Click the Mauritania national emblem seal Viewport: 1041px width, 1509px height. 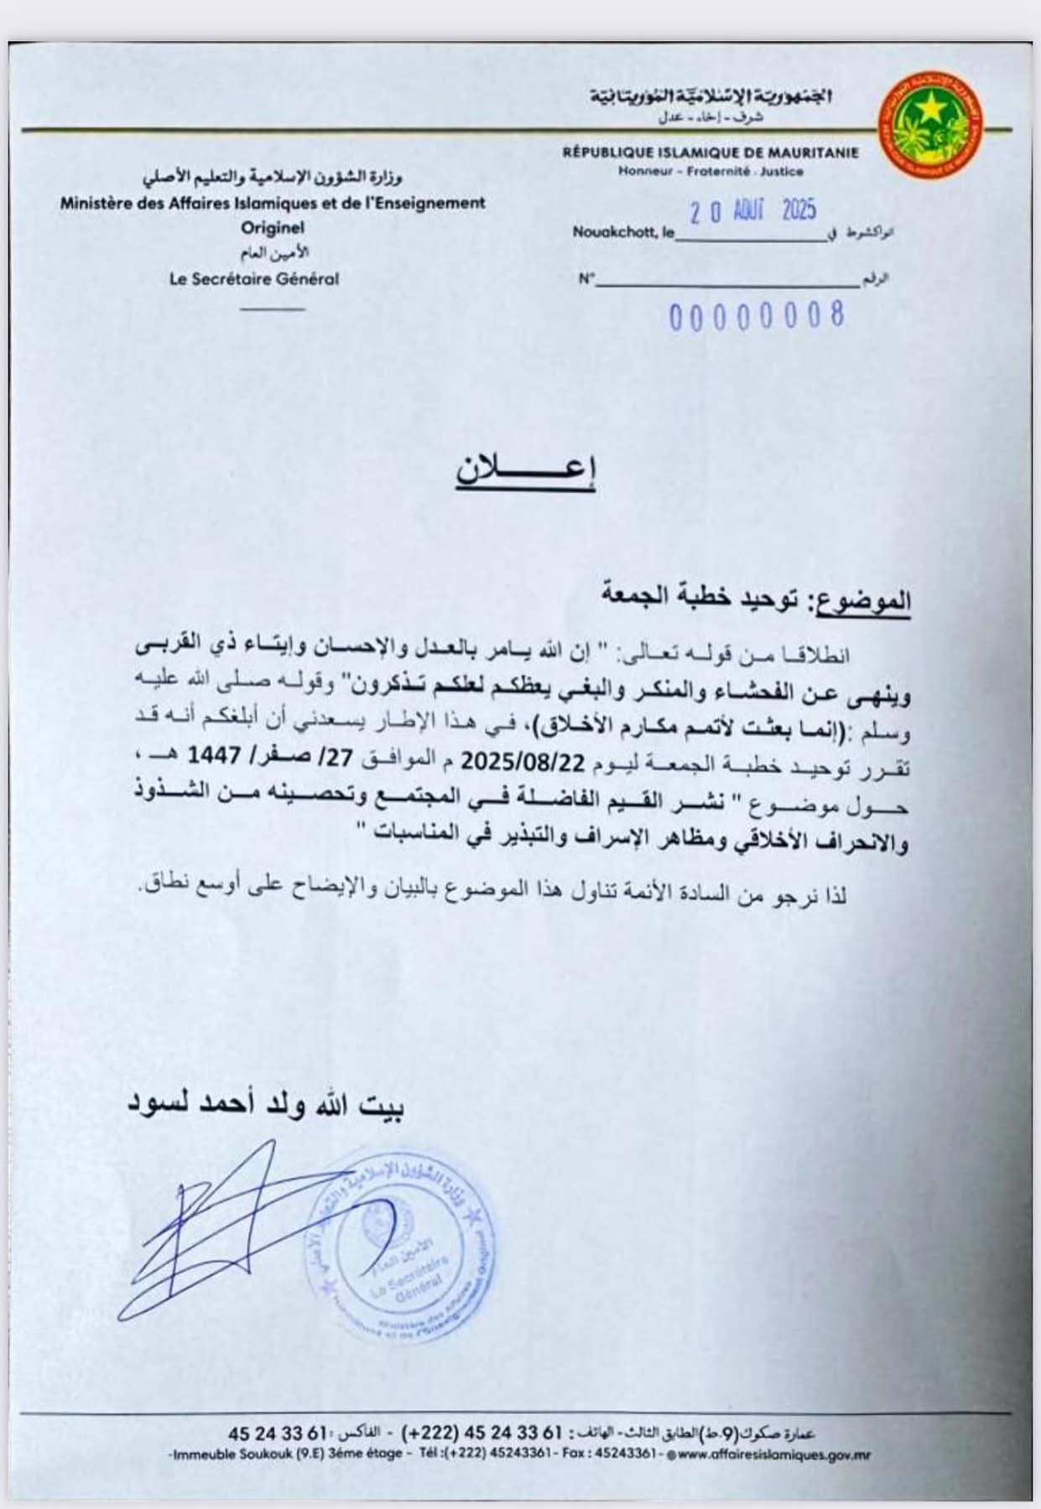(933, 125)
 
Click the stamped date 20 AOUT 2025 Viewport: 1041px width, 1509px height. (752, 211)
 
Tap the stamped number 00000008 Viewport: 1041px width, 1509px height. (756, 316)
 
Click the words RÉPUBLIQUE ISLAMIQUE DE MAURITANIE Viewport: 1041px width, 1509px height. (710, 153)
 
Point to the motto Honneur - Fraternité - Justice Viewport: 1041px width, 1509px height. (710, 172)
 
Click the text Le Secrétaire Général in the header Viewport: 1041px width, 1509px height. (254, 280)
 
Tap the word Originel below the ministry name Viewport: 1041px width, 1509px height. (273, 227)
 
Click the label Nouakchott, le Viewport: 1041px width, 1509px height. (623, 233)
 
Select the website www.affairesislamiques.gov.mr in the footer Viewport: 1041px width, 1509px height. (772, 1455)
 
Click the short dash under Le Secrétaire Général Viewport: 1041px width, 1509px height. (273, 308)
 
